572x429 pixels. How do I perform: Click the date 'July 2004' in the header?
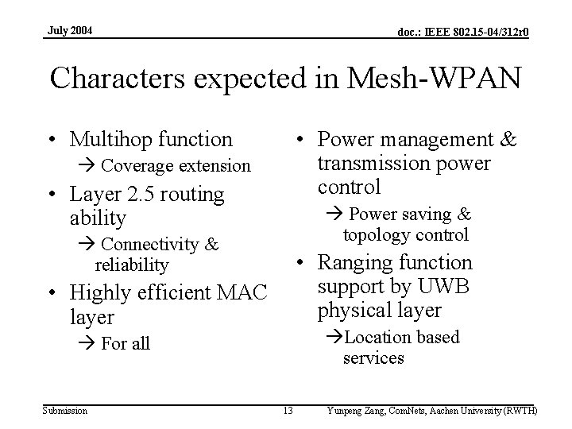(70, 30)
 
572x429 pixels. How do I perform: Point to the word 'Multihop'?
(109, 140)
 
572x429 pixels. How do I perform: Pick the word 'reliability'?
(132, 265)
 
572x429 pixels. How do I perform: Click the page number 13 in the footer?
(288, 410)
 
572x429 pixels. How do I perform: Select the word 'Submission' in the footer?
(66, 410)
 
